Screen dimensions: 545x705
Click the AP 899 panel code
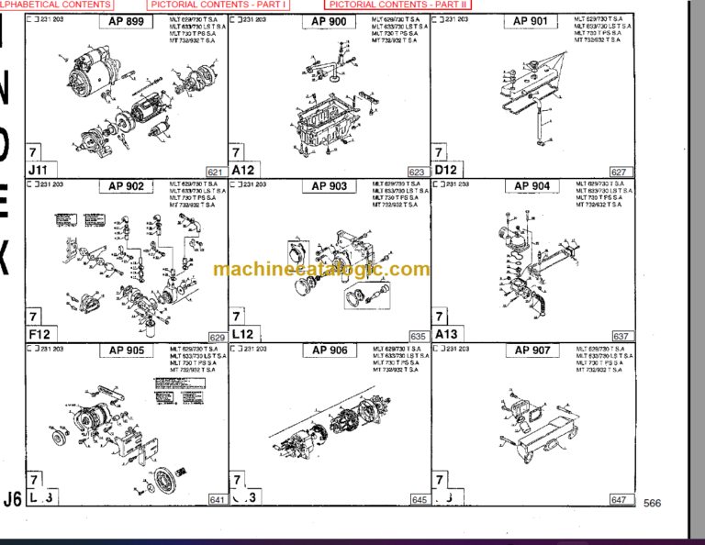(127, 21)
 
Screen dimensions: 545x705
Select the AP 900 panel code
(329, 21)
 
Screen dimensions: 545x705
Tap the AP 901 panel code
(531, 21)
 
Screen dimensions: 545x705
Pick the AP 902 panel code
(127, 186)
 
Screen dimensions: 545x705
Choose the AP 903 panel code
(329, 186)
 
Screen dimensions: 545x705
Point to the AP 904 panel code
(532, 186)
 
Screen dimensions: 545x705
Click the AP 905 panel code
(127, 350)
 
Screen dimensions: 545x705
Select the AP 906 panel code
(330, 350)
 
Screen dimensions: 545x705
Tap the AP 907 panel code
(532, 350)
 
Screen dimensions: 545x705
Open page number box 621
(216, 172)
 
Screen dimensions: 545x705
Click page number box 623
(417, 172)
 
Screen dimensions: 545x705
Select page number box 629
(217, 337)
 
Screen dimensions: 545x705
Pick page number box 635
(418, 337)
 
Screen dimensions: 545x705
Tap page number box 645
(419, 500)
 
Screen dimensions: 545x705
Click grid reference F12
(39, 335)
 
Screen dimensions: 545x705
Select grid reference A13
(446, 335)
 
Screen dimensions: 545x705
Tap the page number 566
(652, 503)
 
